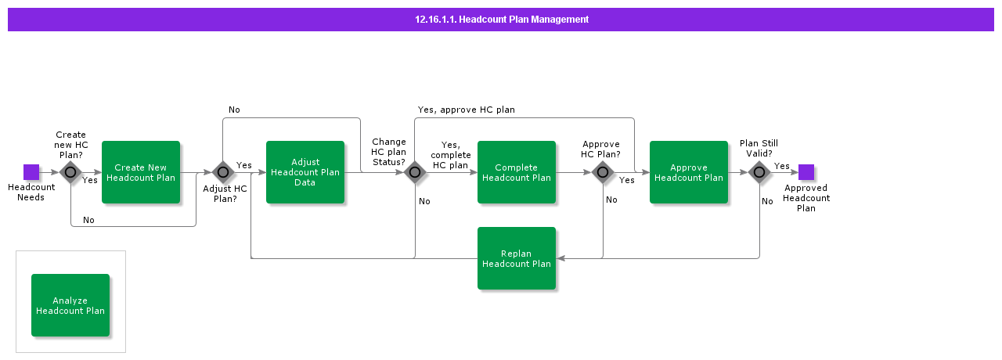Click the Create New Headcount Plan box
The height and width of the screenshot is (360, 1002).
pyautogui.click(x=141, y=172)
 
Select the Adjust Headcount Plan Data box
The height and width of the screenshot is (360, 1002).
pyautogui.click(x=305, y=172)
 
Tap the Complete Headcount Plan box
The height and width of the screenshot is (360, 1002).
pyautogui.click(x=517, y=172)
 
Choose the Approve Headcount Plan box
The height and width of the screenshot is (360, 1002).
pyautogui.click(x=689, y=172)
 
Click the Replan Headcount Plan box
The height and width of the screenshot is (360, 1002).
pyautogui.click(x=517, y=258)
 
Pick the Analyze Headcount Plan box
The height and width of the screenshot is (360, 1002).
pyautogui.click(x=70, y=305)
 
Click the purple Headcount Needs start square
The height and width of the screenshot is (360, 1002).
pyautogui.click(x=31, y=172)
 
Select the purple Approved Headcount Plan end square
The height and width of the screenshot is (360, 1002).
pyautogui.click(x=806, y=172)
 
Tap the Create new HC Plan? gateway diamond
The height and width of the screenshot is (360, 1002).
pyautogui.click(x=70, y=172)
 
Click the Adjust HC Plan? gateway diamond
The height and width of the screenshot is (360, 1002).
pyautogui.click(x=223, y=172)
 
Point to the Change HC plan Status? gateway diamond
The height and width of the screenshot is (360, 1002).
pyautogui.click(x=415, y=172)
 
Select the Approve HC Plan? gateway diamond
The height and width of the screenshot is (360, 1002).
pyautogui.click(x=603, y=172)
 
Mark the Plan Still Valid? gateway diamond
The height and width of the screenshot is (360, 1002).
pyautogui.click(x=759, y=172)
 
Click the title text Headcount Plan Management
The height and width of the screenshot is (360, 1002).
pyautogui.click(x=502, y=20)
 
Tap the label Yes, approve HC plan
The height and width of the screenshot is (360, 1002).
pyautogui.click(x=466, y=110)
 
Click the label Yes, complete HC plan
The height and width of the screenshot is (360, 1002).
pyautogui.click(x=450, y=155)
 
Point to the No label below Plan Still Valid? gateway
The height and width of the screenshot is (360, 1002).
pyautogui.click(x=767, y=201)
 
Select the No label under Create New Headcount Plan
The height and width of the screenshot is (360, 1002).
pyautogui.click(x=88, y=220)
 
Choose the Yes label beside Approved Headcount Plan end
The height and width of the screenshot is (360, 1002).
pyautogui.click(x=781, y=166)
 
